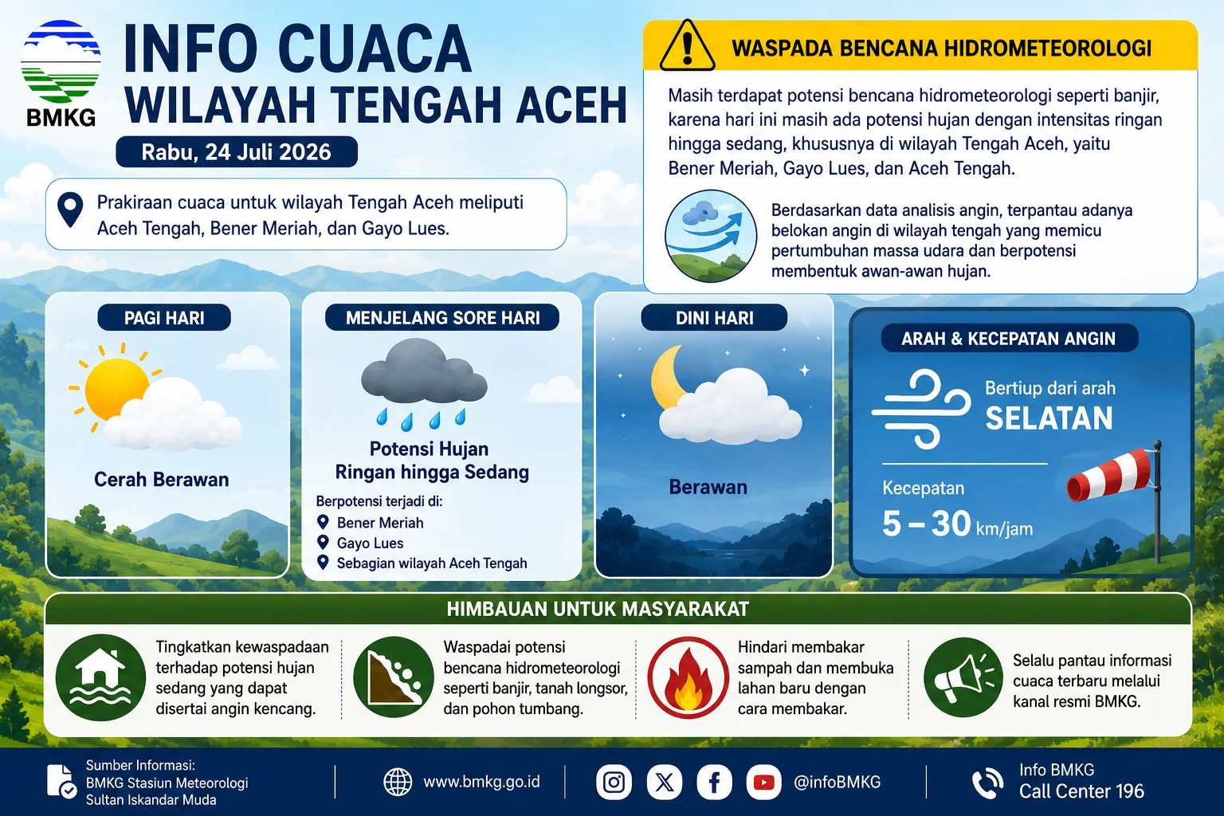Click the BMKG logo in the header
61,73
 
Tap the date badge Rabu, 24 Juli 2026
237,151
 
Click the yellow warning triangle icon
687,46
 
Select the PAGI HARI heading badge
164,317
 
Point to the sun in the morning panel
116,387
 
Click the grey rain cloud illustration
423,371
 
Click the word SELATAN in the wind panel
1049,418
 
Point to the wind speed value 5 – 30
927,523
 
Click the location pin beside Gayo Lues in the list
323,542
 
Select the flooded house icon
100,677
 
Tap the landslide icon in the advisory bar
394,677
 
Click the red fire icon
688,677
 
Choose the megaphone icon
963,677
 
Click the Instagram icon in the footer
614,782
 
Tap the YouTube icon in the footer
763,782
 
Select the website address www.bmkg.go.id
481,782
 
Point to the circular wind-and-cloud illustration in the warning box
710,236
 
